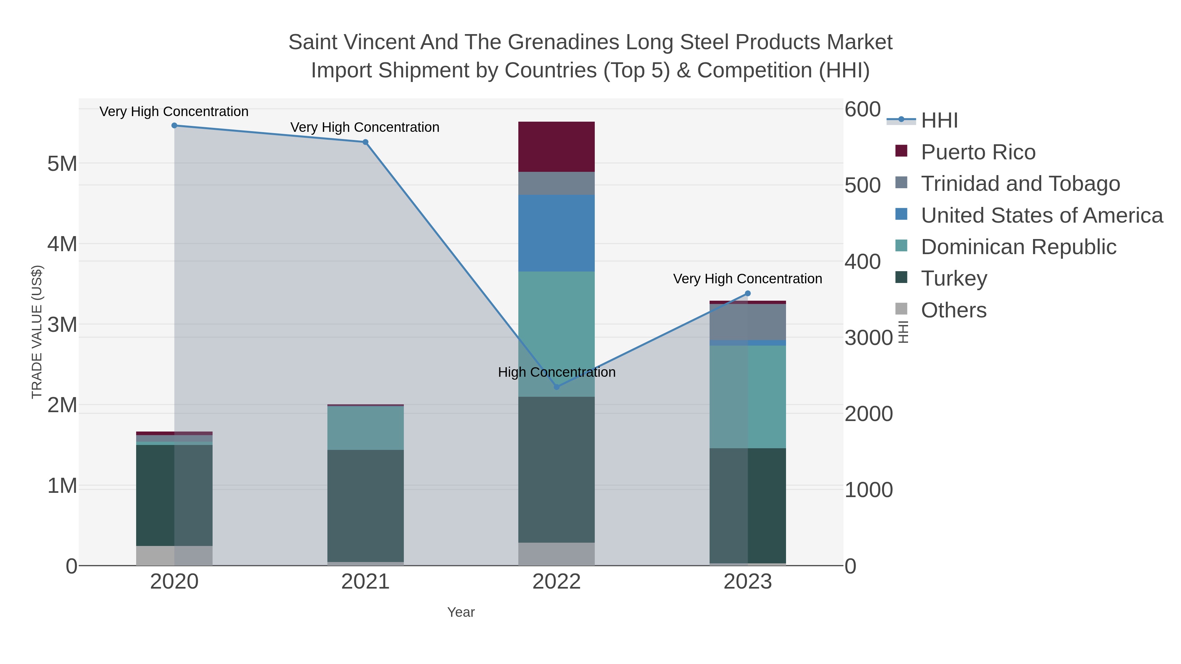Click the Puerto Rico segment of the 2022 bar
pyautogui.click(x=556, y=147)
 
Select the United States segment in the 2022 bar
pyautogui.click(x=556, y=233)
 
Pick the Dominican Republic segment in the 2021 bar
pyautogui.click(x=365, y=428)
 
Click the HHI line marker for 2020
pyautogui.click(x=174, y=126)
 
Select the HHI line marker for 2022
pyautogui.click(x=557, y=387)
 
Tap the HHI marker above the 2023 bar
pyautogui.click(x=748, y=293)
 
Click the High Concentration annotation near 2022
pyautogui.click(x=557, y=372)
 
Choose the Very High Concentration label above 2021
pyautogui.click(x=365, y=128)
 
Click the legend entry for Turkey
pyautogui.click(x=954, y=278)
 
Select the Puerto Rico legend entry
pyautogui.click(x=978, y=152)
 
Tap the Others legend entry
pyautogui.click(x=954, y=310)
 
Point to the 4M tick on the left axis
pyautogui.click(x=62, y=244)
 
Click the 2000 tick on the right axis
pyautogui.click(x=868, y=414)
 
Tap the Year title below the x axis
pyautogui.click(x=461, y=612)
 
